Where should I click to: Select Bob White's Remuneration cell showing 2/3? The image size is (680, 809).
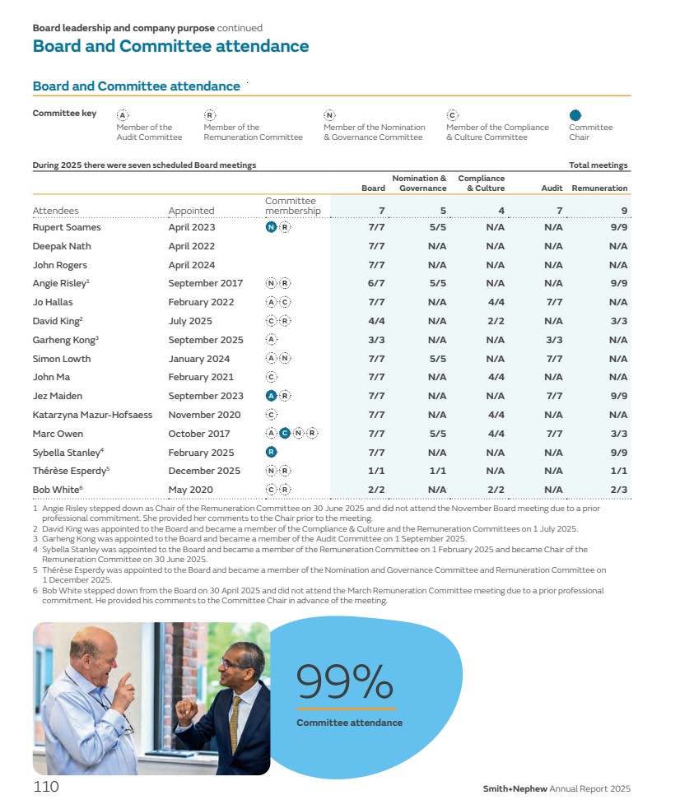point(618,490)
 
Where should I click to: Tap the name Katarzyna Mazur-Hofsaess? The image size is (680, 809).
point(92,415)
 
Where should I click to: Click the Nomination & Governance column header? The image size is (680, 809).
point(419,183)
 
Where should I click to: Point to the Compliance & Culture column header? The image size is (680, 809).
point(481,183)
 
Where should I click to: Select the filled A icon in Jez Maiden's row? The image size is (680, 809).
point(271,396)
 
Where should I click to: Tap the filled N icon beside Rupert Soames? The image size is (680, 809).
point(271,227)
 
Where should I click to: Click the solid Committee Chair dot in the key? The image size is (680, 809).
point(575,116)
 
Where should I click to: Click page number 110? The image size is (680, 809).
point(46,787)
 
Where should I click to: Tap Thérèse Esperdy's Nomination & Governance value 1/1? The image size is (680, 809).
point(436,471)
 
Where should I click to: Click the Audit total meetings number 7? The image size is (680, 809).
point(559,211)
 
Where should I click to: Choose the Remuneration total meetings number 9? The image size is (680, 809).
point(624,211)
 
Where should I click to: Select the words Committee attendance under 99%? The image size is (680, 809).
point(349,723)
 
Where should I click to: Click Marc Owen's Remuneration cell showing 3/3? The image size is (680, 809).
point(618,434)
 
